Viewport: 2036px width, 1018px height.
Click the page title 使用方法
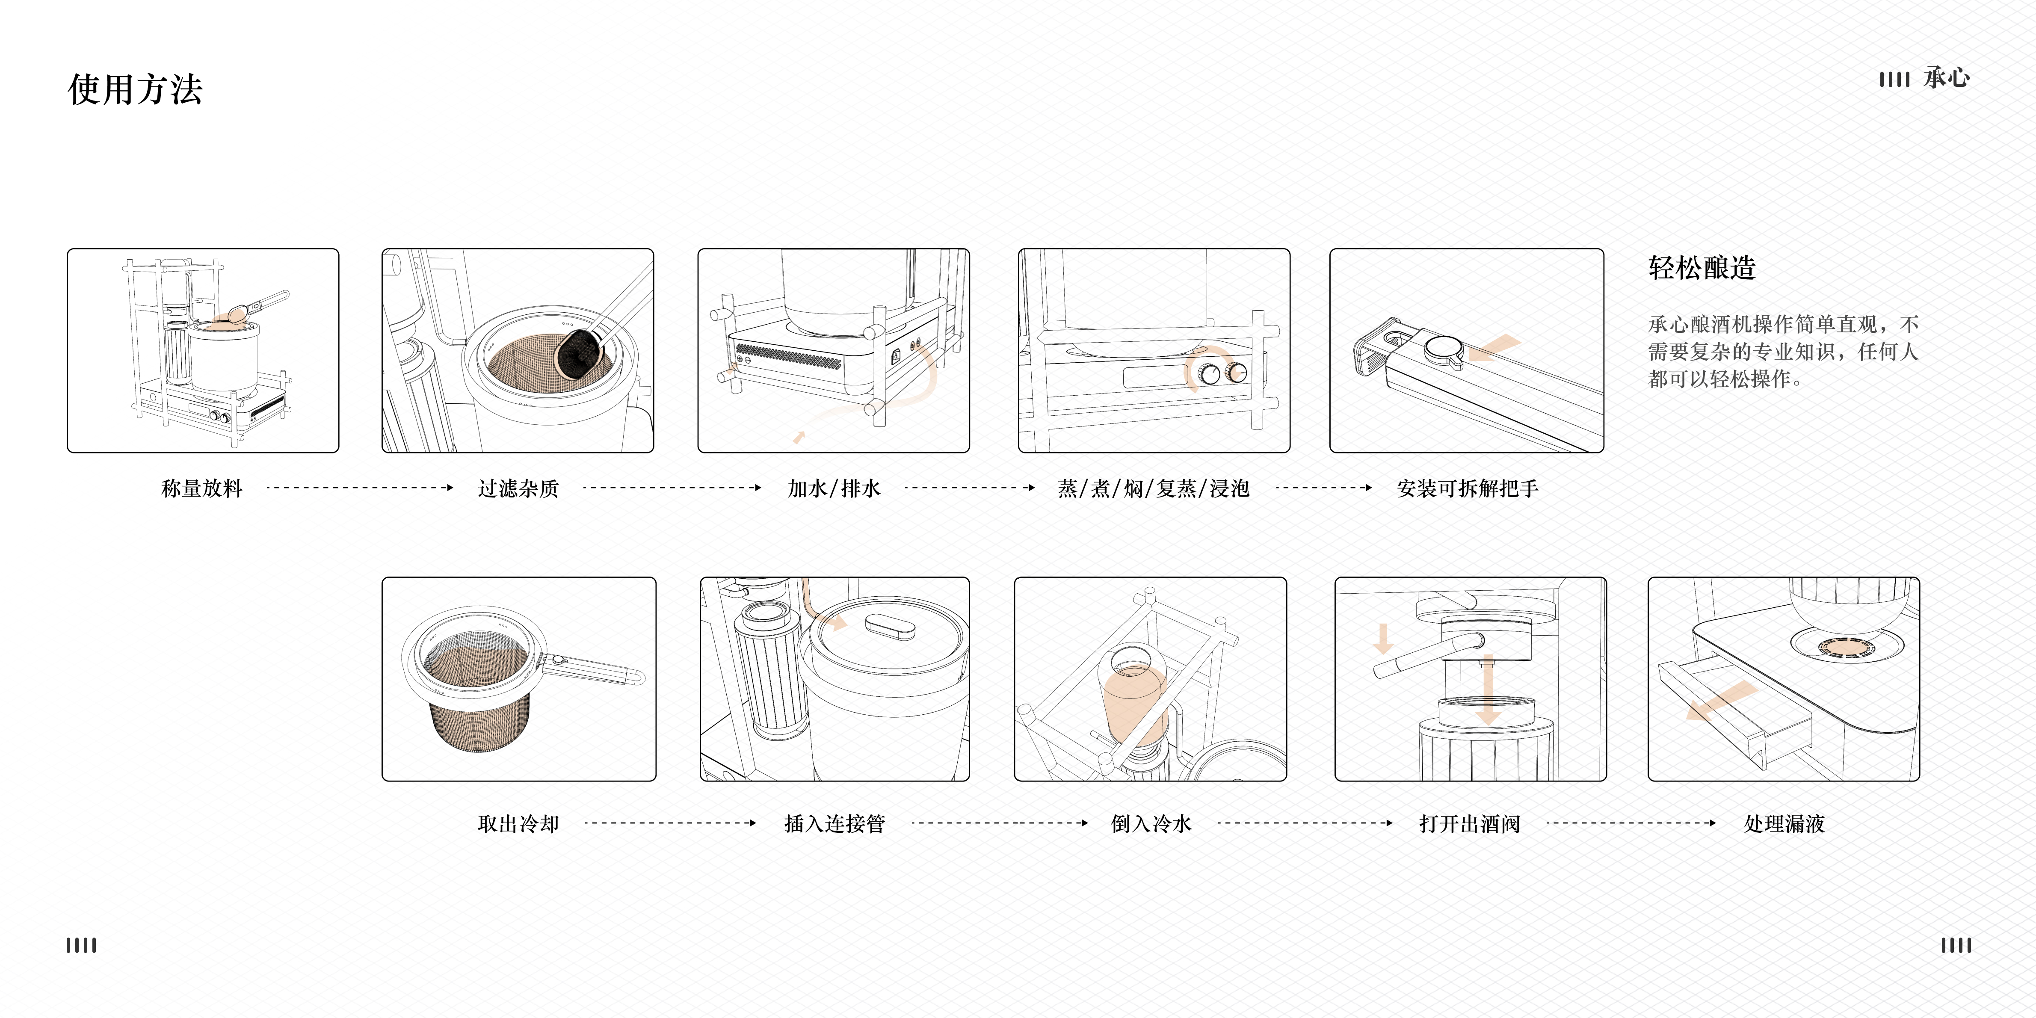[x=135, y=89]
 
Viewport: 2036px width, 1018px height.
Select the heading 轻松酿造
[x=1702, y=268]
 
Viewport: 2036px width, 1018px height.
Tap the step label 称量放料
[x=201, y=488]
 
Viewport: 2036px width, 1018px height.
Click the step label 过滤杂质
[x=518, y=488]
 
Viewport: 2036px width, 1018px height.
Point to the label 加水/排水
[x=834, y=488]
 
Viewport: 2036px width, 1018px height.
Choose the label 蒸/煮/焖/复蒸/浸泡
[x=1153, y=488]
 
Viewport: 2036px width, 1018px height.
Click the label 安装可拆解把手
[x=1467, y=488]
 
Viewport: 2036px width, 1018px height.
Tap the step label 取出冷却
[x=518, y=823]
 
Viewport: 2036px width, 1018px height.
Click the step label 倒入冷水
[x=1151, y=823]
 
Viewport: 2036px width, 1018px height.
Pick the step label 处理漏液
[x=1784, y=823]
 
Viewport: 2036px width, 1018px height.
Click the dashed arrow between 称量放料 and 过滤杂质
[x=360, y=488]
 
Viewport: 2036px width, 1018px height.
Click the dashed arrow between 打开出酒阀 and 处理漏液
[x=1630, y=823]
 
